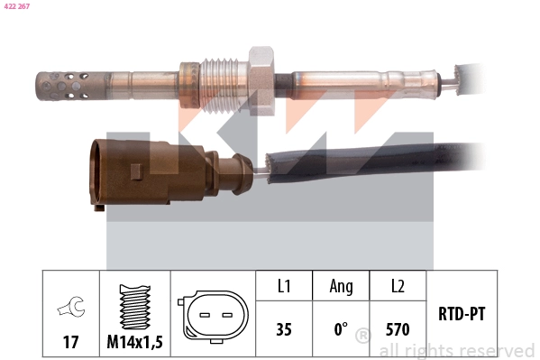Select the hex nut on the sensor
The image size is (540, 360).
pos(261,79)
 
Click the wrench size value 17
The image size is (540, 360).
pos(69,343)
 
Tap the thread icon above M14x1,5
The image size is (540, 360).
pos(134,307)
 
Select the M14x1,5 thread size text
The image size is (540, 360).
pos(134,343)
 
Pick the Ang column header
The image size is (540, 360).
pos(341,287)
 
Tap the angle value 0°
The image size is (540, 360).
pos(341,329)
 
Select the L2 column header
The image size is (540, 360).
pos(398,287)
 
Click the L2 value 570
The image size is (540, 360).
pos(398,329)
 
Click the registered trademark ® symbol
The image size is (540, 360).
pos(362,337)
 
